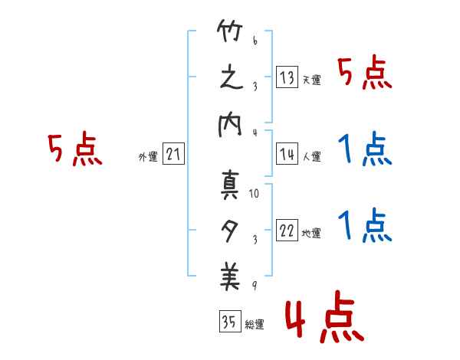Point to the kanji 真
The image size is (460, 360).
229,185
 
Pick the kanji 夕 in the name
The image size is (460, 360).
229,230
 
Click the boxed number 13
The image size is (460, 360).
286,77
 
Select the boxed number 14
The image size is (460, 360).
286,155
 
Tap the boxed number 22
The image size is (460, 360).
287,231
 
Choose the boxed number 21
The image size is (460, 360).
173,155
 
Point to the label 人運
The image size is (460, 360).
311,157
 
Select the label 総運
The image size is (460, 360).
254,325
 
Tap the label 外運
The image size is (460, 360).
148,157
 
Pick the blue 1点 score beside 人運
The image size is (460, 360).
365,149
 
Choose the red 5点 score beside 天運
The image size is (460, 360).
365,74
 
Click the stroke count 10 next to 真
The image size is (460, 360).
254,194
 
